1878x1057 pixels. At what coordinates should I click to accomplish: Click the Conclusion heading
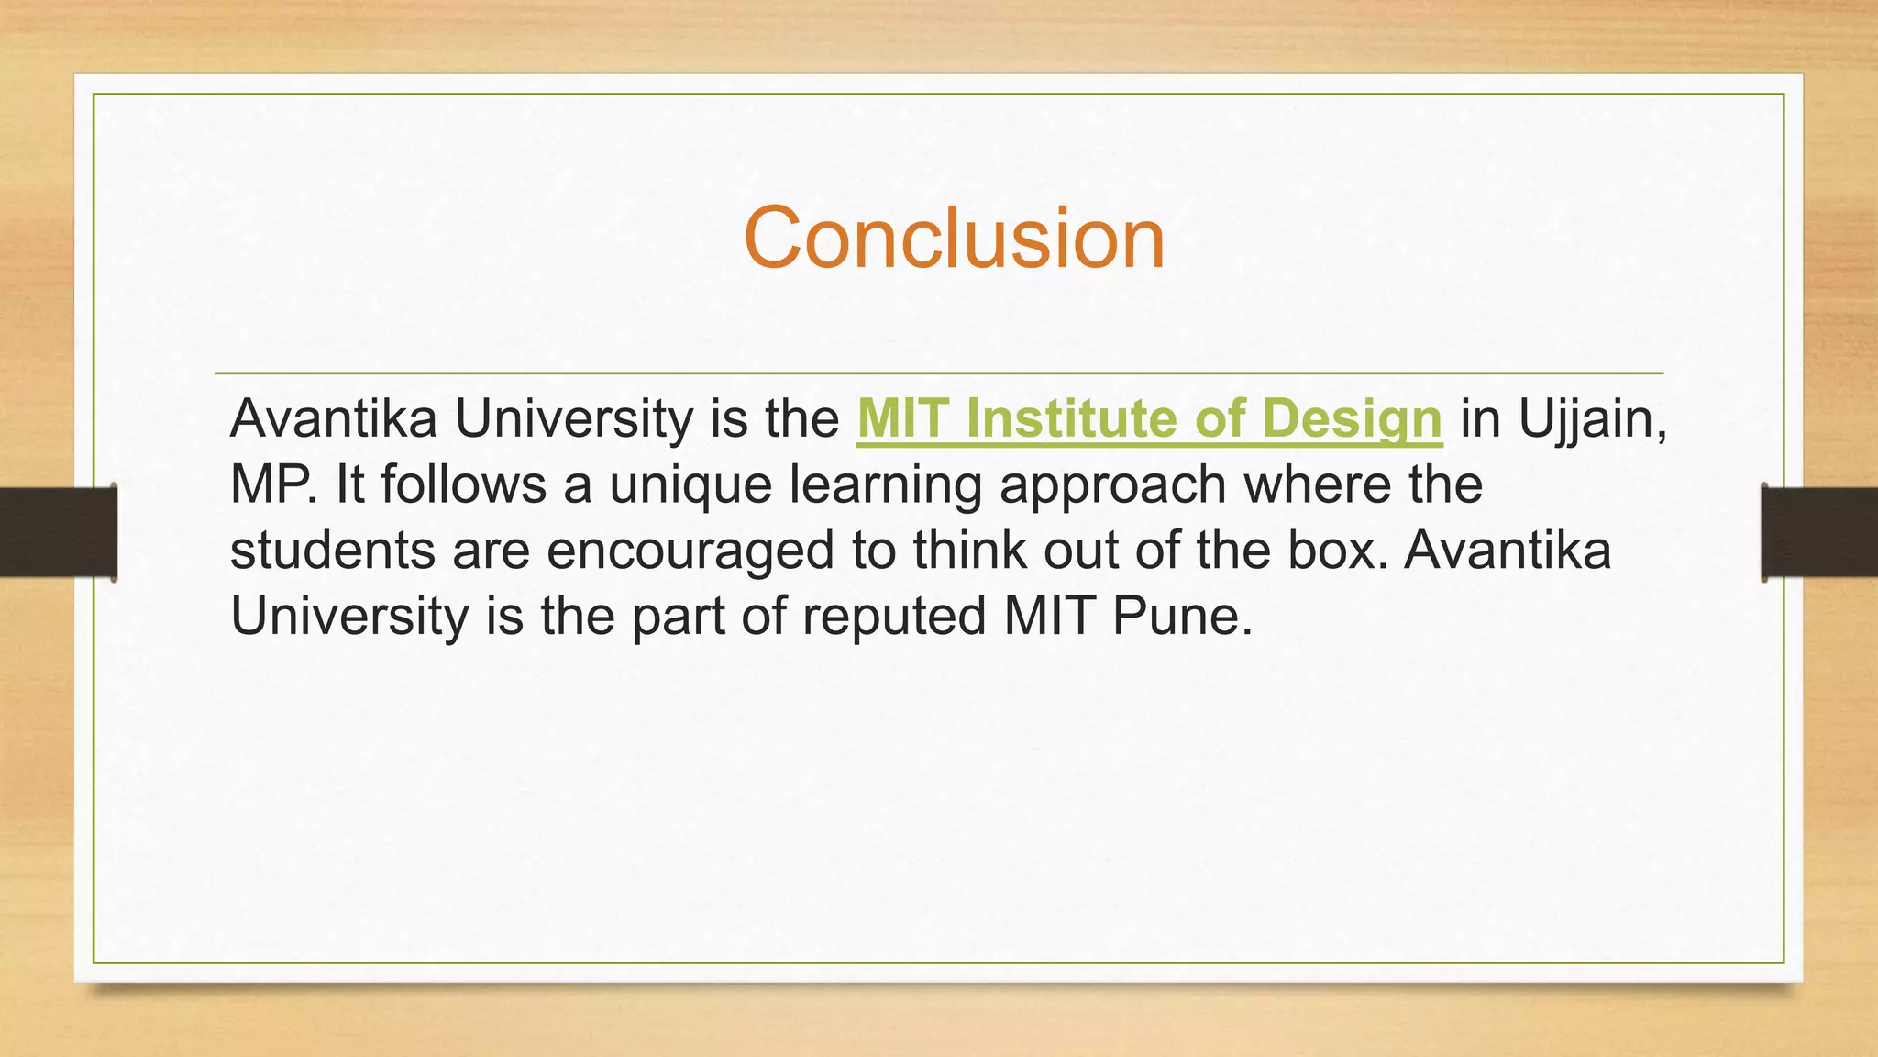coord(954,238)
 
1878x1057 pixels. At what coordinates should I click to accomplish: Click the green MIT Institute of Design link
coord(1149,419)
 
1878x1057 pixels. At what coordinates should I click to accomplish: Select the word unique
coord(690,485)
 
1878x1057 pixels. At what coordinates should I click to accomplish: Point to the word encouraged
coord(690,551)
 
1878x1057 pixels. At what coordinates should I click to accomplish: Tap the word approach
coord(1112,485)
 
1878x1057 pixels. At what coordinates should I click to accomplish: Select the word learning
coord(886,485)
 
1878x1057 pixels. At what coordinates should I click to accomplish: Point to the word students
coord(332,551)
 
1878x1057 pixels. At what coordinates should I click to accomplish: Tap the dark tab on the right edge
coord(1818,532)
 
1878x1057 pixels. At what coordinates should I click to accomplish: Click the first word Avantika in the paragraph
coord(333,419)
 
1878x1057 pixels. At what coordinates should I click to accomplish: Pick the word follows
coord(464,485)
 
